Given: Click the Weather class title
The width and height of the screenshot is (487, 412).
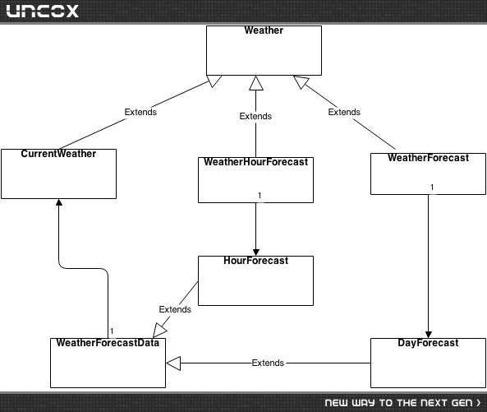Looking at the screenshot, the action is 264,30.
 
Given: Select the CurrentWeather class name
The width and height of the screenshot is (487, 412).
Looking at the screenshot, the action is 58,154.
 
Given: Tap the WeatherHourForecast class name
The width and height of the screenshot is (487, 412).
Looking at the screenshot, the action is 256,162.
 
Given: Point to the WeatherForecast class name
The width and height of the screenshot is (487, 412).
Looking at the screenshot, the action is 429,158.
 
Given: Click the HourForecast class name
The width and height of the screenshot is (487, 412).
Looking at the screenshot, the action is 256,261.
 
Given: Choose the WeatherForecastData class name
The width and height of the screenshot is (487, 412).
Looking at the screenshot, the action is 108,343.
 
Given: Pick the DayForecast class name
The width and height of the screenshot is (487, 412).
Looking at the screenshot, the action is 428,343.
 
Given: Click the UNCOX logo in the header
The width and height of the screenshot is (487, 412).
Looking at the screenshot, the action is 42,11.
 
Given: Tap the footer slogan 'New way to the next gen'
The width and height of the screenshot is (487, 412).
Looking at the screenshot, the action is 402,403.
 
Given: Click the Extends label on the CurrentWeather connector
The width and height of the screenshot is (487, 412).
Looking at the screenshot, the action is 140,112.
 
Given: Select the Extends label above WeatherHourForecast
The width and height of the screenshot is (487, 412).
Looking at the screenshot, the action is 255,116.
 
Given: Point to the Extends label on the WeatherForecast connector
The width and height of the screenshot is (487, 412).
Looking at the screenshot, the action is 344,112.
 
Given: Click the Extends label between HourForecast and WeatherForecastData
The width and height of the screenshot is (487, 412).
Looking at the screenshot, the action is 175,309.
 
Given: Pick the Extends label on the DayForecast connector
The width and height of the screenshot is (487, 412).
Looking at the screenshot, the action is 268,363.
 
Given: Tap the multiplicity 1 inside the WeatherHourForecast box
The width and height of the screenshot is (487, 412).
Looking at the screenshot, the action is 260,195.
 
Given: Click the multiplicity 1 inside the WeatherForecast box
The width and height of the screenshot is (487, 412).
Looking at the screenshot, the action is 432,187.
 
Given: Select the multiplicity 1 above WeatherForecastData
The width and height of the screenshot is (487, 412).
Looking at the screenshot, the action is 112,331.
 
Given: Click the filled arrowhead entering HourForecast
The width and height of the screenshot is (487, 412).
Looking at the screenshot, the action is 256,252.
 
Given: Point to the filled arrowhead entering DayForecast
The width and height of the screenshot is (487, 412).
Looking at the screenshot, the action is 429,335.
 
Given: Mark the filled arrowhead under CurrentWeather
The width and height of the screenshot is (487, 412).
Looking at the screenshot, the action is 59,202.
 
